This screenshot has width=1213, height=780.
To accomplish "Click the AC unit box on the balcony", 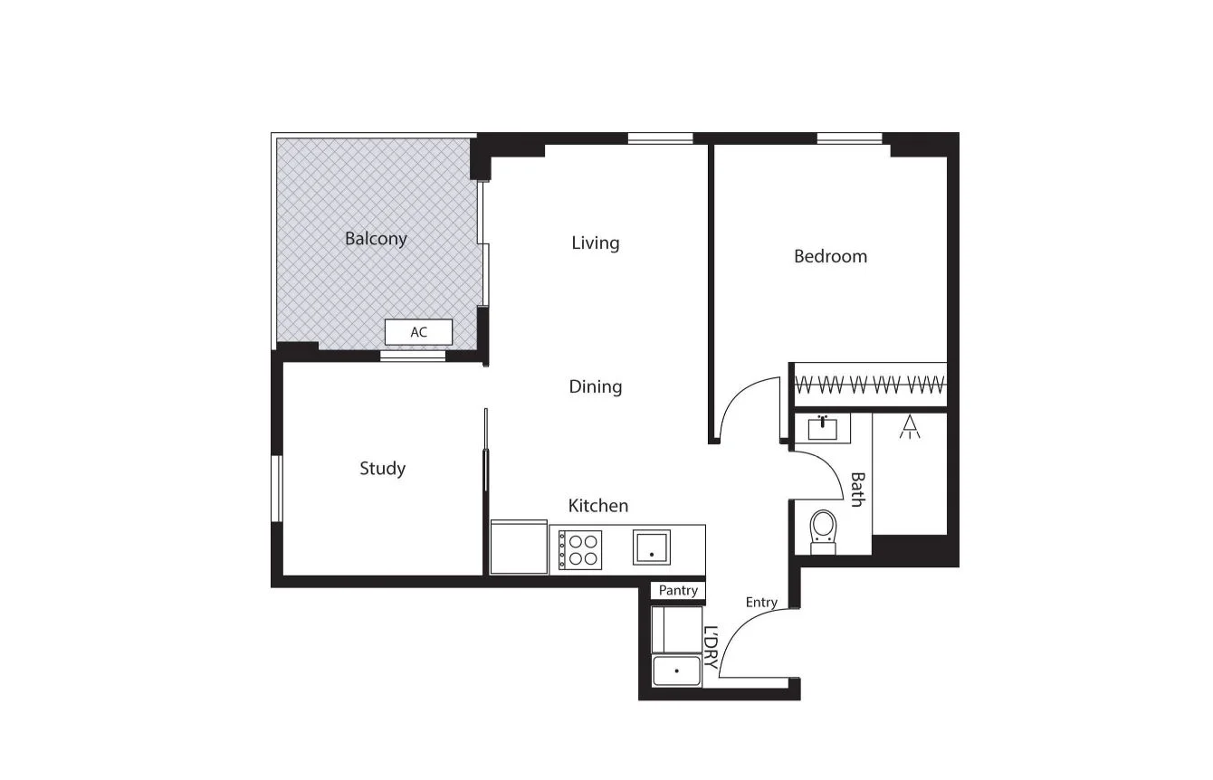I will (418, 332).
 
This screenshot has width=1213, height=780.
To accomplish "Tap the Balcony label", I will (376, 239).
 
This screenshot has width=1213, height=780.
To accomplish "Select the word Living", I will (596, 243).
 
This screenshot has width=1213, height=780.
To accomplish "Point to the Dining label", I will (596, 386).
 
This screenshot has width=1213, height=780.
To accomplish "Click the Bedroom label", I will (830, 256).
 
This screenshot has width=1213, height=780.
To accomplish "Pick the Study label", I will (382, 468).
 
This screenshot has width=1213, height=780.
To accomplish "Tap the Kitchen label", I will (598, 505).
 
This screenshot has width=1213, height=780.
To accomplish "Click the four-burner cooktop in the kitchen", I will (580, 549).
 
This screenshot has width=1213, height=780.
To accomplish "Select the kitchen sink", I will (651, 547).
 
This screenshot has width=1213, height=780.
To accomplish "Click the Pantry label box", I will (678, 590).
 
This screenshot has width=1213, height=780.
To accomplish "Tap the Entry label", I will (761, 602).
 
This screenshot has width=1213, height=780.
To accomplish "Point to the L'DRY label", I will (711, 648).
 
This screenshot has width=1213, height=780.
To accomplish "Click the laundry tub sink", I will (677, 671).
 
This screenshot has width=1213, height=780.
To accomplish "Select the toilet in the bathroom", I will (823, 529).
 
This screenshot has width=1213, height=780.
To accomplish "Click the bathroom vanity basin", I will (822, 427).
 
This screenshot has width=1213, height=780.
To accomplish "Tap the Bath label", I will (857, 490).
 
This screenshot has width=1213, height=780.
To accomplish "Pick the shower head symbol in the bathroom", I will (910, 427).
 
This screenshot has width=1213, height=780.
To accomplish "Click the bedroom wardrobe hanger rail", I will (870, 385).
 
